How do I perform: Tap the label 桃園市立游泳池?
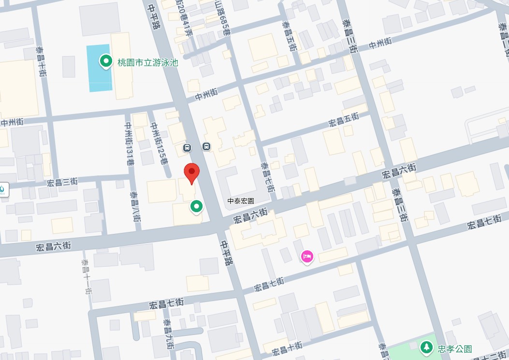(148, 62)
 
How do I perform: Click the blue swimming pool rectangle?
(99, 68)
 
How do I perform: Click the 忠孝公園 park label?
(454, 349)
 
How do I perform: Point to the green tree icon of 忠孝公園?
(426, 347)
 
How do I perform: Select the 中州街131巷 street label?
(129, 144)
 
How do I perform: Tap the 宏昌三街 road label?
(62, 182)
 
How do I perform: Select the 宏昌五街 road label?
(344, 119)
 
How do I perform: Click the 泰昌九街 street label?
(168, 333)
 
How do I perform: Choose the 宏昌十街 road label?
(287, 348)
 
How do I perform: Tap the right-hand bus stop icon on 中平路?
(206, 146)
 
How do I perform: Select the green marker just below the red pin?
(196, 207)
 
